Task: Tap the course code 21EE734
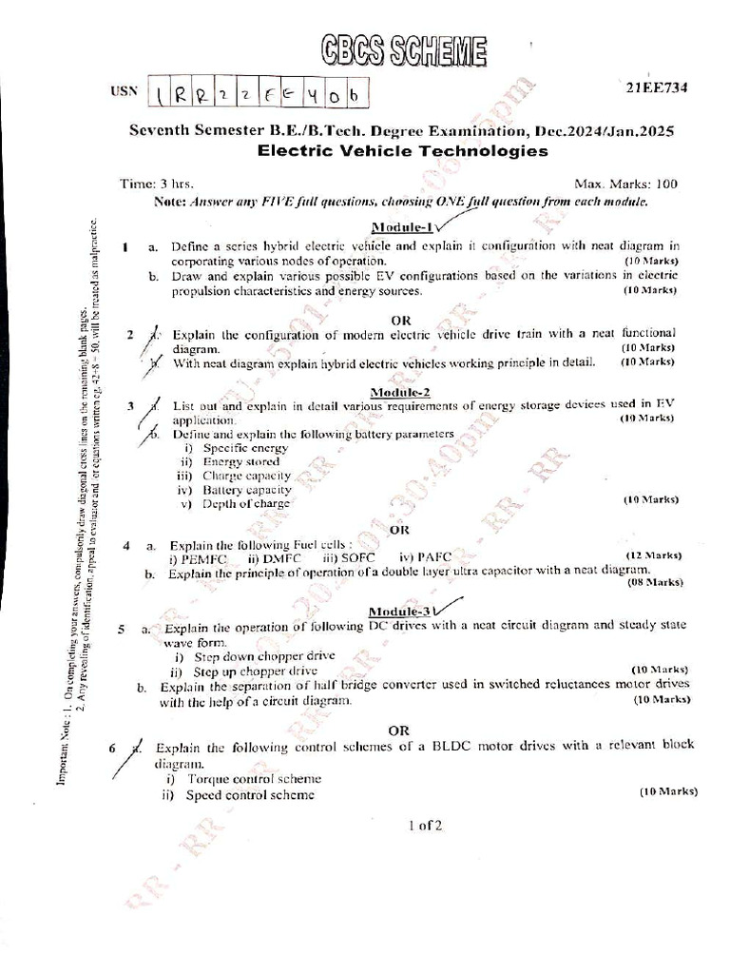656,88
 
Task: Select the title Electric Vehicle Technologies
403,150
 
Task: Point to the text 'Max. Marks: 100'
625,184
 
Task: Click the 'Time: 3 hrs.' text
157,184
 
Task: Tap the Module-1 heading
401,227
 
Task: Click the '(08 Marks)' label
655,581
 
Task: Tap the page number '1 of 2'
424,826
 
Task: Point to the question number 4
126,546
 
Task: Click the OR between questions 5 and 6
400,730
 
